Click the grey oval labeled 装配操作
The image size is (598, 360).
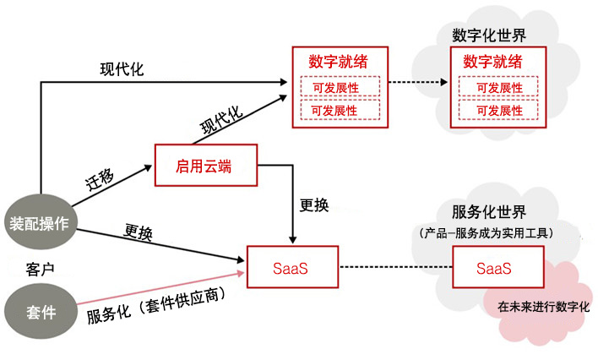pyautogui.click(x=41, y=221)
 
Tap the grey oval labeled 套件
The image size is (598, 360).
pyautogui.click(x=41, y=311)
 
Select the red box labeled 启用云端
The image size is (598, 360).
pyautogui.click(x=206, y=166)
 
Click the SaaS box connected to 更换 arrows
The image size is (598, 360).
pyautogui.click(x=292, y=267)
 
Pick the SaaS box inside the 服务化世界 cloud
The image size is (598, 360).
pyautogui.click(x=498, y=267)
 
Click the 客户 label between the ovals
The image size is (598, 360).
pyautogui.click(x=40, y=269)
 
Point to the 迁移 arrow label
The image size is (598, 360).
pyautogui.click(x=100, y=179)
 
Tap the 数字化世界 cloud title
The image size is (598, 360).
pyautogui.click(x=489, y=35)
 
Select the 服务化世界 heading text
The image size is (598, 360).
pyautogui.click(x=489, y=212)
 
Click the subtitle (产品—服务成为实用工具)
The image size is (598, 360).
pyautogui.click(x=487, y=233)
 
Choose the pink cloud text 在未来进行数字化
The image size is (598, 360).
pyautogui.click(x=543, y=307)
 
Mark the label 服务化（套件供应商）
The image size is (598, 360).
pyautogui.click(x=155, y=306)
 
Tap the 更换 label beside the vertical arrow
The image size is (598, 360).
pyautogui.click(x=314, y=205)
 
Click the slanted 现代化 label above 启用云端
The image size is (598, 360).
pyautogui.click(x=221, y=120)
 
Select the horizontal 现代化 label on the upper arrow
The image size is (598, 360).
pyautogui.click(x=122, y=69)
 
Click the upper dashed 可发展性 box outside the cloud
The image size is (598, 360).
pyautogui.click(x=340, y=86)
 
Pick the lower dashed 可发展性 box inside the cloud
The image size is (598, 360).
pyautogui.click(x=498, y=110)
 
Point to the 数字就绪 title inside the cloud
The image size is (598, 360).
pyautogui.click(x=492, y=61)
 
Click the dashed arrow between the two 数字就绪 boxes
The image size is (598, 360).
pyautogui.click(x=418, y=82)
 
